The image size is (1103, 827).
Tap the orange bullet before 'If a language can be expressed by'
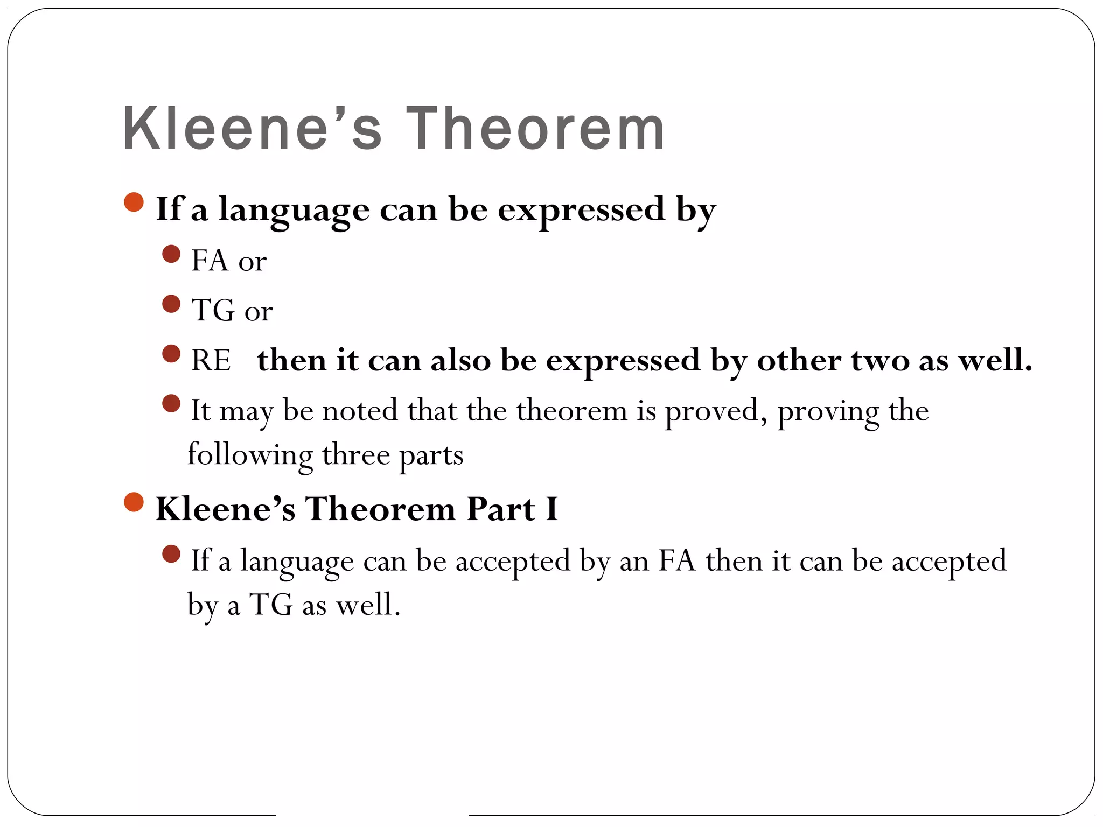(x=134, y=202)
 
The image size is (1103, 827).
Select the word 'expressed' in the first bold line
(x=581, y=210)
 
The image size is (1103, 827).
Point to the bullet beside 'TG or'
(x=171, y=304)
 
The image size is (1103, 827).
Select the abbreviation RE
(x=211, y=360)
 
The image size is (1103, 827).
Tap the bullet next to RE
(x=171, y=354)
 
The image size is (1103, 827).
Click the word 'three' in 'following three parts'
(x=355, y=455)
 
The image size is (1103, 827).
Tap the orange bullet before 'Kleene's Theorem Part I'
(x=134, y=502)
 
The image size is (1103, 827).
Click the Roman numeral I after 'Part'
(x=551, y=509)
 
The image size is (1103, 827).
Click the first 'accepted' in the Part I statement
(x=512, y=561)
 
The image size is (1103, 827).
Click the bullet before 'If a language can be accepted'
(x=171, y=553)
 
